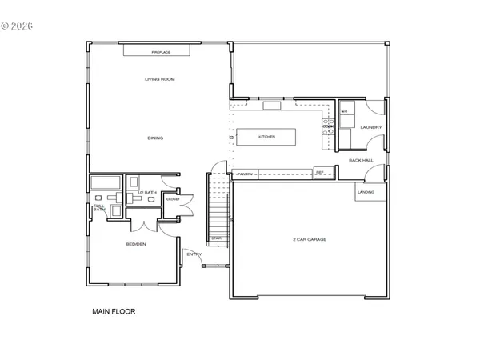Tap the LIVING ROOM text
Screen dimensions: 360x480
click(x=159, y=79)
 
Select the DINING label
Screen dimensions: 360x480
click(x=155, y=138)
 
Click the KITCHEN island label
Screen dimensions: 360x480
click(x=266, y=138)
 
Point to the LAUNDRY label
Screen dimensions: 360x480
click(x=370, y=127)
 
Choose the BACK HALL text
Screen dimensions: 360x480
click(x=361, y=160)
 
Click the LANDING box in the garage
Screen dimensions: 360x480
click(x=366, y=192)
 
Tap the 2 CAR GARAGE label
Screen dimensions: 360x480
click(x=309, y=239)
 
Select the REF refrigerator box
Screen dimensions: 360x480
click(x=320, y=173)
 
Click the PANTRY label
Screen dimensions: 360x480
click(x=246, y=173)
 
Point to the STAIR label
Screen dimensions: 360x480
click(x=216, y=238)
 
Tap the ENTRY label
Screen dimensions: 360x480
click(x=194, y=256)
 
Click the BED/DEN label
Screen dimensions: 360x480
click(x=135, y=244)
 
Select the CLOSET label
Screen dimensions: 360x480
click(x=172, y=201)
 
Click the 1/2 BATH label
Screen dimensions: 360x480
click(x=146, y=193)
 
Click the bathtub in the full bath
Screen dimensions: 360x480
click(x=104, y=182)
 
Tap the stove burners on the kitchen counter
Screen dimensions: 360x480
click(x=327, y=126)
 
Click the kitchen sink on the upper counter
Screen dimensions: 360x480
click(x=272, y=104)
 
